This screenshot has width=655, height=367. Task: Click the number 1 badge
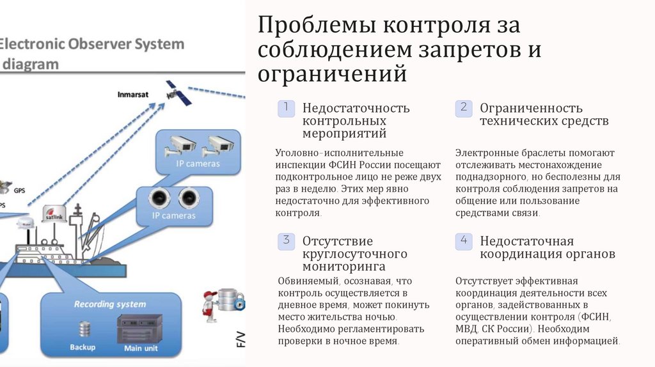(286, 108)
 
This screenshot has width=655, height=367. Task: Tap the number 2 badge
(464, 108)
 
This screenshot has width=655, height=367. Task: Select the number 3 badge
(286, 241)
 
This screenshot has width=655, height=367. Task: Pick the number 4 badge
(464, 241)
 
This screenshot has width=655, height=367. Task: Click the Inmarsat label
(133, 95)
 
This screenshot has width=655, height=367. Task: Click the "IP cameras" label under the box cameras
(198, 164)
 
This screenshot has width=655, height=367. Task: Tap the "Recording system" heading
(109, 304)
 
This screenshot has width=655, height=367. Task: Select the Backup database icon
(84, 329)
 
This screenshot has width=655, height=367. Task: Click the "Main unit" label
(141, 348)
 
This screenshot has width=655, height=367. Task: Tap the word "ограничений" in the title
(333, 73)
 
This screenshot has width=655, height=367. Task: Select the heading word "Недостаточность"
(356, 108)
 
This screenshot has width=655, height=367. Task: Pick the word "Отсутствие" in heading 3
(337, 241)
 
